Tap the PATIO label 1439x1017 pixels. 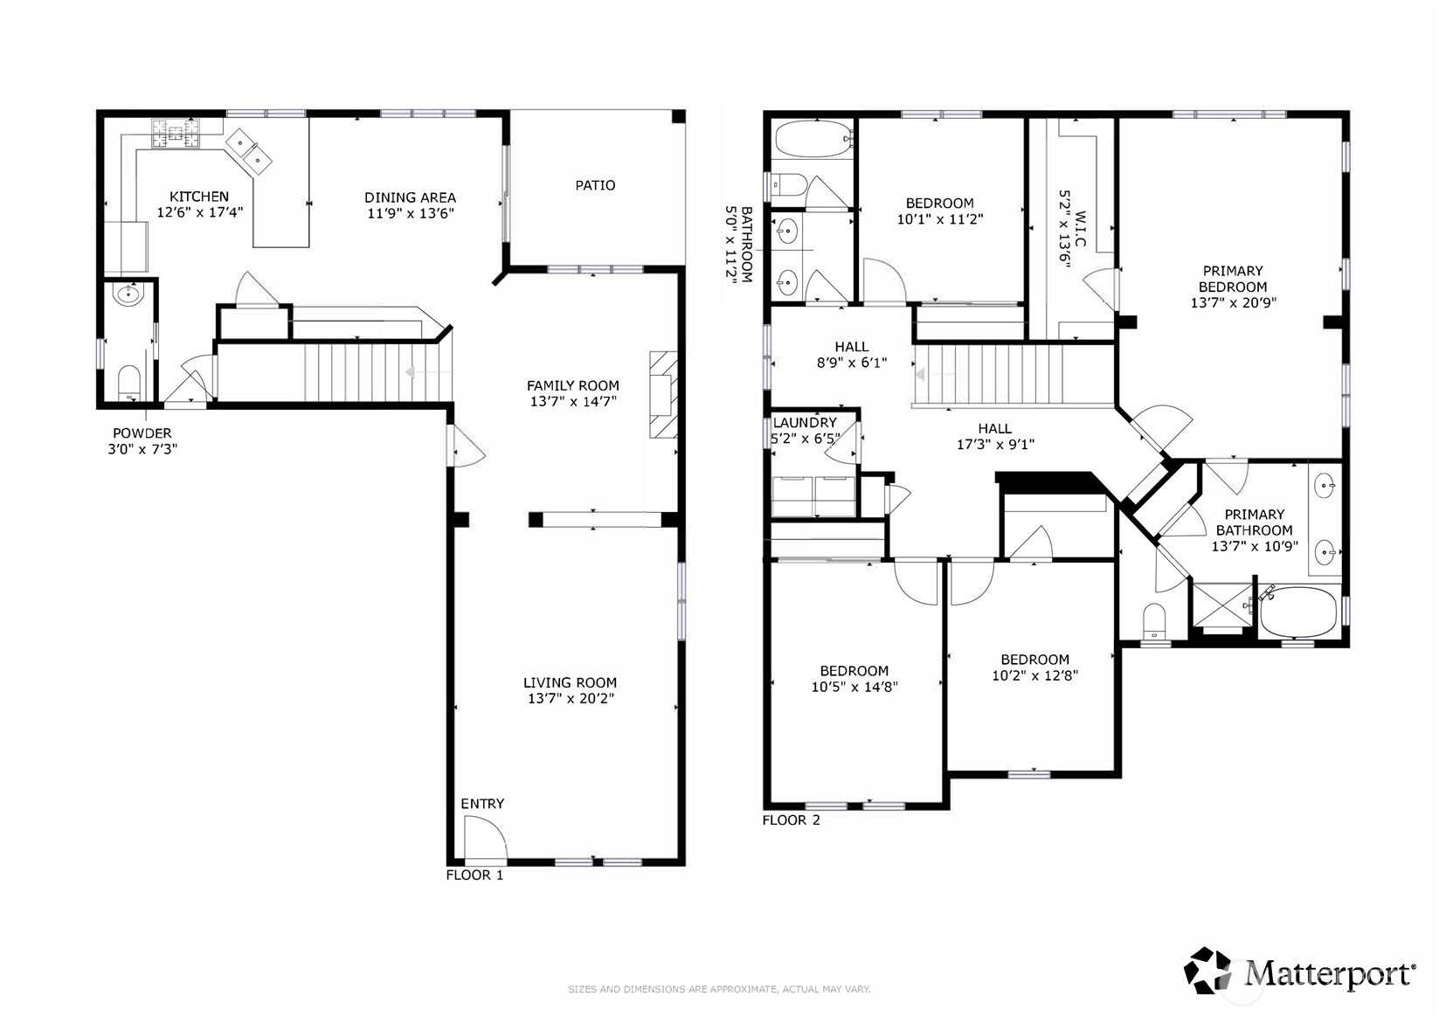(x=595, y=186)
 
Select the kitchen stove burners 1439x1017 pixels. (x=176, y=134)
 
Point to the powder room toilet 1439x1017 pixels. (x=129, y=383)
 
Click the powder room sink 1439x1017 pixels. (x=128, y=295)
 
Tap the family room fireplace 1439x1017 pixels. (x=664, y=394)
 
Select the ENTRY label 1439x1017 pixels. (x=482, y=804)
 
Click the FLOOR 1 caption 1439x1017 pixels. (x=474, y=875)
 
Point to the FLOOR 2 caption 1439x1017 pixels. (x=791, y=820)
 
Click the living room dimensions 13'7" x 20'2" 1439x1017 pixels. (x=571, y=698)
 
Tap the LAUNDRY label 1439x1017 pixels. (x=805, y=423)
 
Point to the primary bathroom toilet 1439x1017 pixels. (x=1154, y=621)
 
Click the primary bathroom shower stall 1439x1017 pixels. (x=1222, y=605)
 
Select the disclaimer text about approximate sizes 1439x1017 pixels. (x=720, y=989)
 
